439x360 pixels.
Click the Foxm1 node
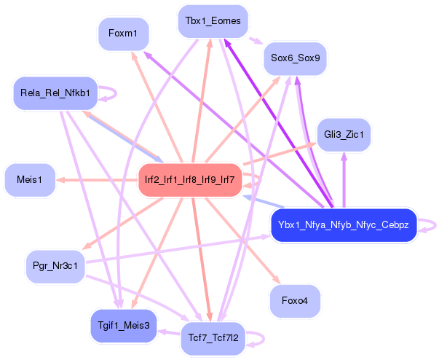[x=124, y=34]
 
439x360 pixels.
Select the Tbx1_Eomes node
[x=213, y=21]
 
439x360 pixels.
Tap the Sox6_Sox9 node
[x=296, y=58]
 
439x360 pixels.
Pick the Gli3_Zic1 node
[x=344, y=135]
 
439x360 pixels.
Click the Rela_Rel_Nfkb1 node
[x=55, y=93]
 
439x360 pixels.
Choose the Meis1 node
[x=30, y=180]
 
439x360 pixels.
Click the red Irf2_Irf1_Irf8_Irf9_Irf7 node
[x=190, y=180]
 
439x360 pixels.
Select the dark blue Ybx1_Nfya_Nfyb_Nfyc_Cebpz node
[x=344, y=225]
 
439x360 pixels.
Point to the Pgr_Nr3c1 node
[x=55, y=266]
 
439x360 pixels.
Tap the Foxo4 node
[x=295, y=301]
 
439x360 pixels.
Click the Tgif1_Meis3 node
[x=124, y=326]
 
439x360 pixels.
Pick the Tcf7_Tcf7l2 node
[x=213, y=338]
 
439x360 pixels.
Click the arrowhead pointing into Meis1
[x=60, y=180]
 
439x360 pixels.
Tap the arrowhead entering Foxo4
[x=277, y=279]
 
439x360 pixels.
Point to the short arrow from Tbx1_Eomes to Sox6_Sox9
[x=256, y=41]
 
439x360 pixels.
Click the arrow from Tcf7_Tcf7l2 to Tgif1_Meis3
[x=169, y=332]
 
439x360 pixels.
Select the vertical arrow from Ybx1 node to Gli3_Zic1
[x=344, y=180]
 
